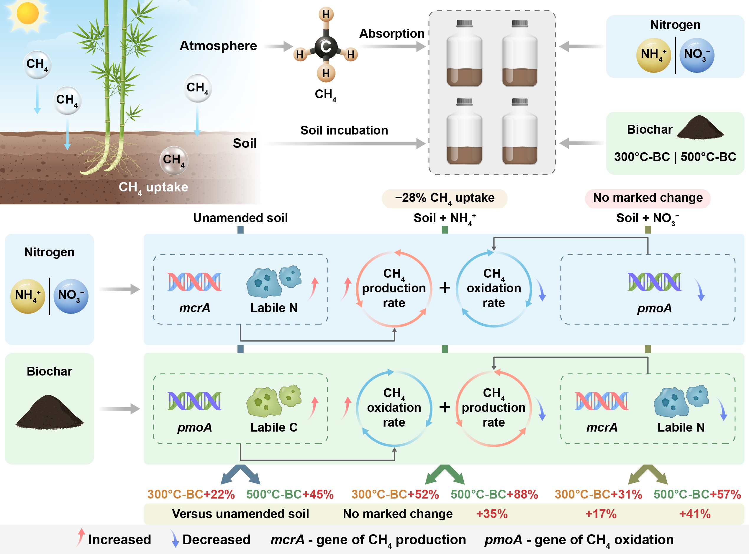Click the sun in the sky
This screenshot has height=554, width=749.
coord(27,13)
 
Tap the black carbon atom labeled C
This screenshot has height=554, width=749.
coord(326,47)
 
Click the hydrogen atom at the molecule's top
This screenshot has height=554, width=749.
coord(326,14)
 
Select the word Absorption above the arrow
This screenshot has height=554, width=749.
coord(391,34)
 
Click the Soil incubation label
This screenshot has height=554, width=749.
coord(344,130)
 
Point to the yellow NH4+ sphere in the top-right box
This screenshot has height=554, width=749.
coord(653,55)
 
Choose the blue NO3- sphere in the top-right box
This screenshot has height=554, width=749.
coord(697,55)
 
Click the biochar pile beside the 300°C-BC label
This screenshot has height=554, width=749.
coord(700,128)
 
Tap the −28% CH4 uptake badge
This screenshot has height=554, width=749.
coord(445,198)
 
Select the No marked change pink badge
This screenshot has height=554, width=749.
coord(648,198)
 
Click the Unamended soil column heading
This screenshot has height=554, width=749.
coord(240,218)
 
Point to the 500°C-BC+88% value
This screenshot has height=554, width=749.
coord(494,494)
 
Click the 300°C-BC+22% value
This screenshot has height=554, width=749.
coord(191,494)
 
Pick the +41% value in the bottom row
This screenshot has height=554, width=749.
coord(694,514)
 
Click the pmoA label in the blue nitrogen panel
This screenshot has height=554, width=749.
coord(654,308)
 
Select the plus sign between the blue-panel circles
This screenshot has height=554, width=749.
coord(445,288)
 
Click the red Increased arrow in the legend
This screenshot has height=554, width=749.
coord(80,537)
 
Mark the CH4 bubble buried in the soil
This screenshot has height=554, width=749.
coord(173,160)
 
